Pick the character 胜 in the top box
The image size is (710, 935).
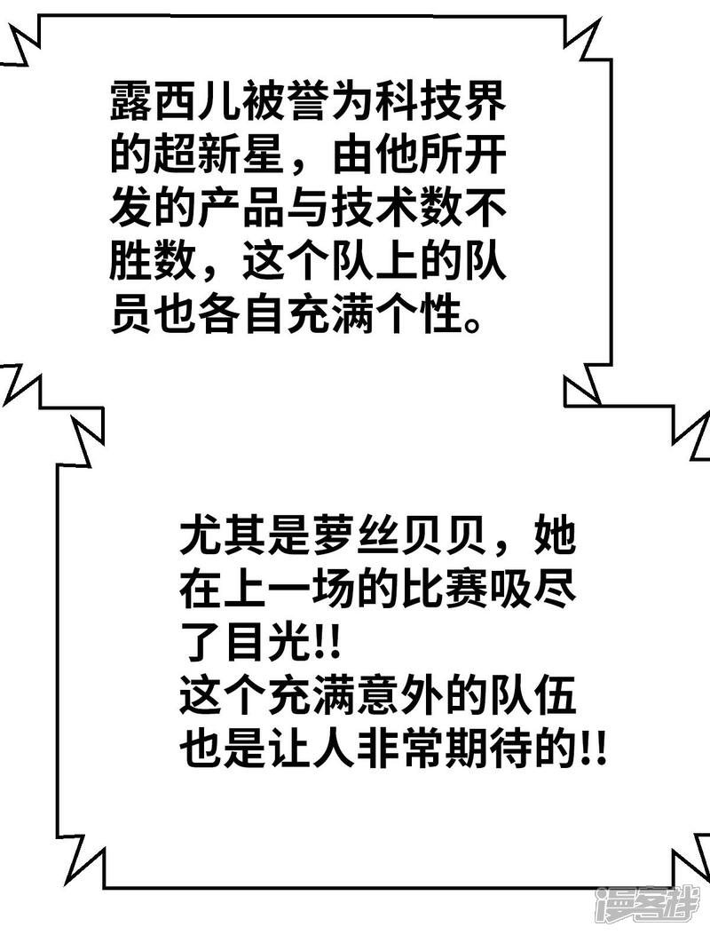[131, 264]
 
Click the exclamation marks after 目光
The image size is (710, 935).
[325, 638]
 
